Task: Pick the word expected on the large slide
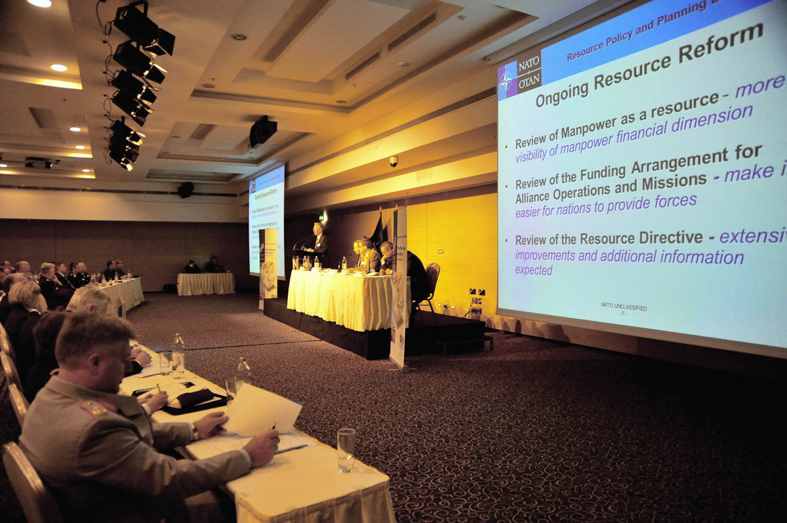pyautogui.click(x=534, y=270)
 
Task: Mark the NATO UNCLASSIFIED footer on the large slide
pyautogui.click(x=624, y=306)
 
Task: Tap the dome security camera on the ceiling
pyautogui.click(x=393, y=161)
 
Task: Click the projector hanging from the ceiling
pyautogui.click(x=262, y=130)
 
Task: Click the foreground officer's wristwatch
pyautogui.click(x=195, y=431)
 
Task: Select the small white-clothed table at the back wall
pyautogui.click(x=206, y=283)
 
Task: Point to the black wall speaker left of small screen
pyautogui.click(x=186, y=189)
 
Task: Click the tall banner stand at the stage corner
pyautogui.click(x=398, y=288)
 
